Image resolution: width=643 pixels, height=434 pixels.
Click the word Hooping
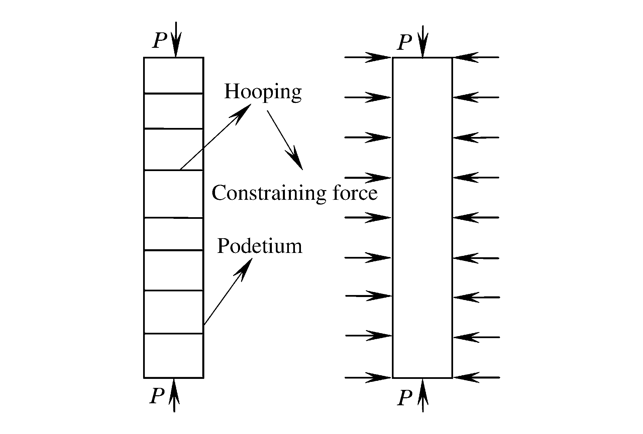coord(263,92)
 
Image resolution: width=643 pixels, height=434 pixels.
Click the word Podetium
coord(259,246)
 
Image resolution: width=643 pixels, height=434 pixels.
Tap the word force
coord(355,193)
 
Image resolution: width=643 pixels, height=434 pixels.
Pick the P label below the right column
coord(405,398)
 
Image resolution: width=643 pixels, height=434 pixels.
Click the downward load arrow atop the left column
coord(176,39)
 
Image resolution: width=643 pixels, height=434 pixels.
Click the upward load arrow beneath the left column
coord(174,395)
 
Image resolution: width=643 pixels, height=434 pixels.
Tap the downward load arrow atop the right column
coord(423,42)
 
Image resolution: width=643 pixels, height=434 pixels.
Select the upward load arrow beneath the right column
coord(423,395)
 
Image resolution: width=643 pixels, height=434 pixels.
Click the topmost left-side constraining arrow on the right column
coord(368,57)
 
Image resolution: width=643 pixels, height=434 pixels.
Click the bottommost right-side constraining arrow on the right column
coord(476,378)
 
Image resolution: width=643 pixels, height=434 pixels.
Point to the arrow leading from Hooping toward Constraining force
coord(285,140)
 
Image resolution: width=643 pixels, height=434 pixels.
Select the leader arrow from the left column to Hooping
coord(216,137)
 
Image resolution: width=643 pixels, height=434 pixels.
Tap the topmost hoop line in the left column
coord(174,93)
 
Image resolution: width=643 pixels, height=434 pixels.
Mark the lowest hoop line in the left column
coord(174,333)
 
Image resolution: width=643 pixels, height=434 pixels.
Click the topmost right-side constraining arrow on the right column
coord(476,57)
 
